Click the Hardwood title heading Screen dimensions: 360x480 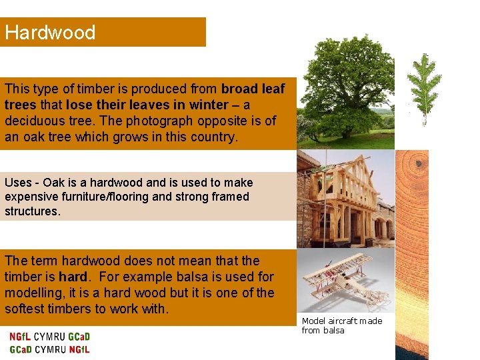click(x=50, y=33)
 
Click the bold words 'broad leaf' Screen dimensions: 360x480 click(x=253, y=89)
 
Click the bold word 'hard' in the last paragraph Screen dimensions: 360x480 click(x=72, y=277)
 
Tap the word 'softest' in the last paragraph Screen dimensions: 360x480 click(x=27, y=309)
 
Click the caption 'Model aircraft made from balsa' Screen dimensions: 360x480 click(x=341, y=325)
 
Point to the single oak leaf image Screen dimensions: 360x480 click(x=424, y=89)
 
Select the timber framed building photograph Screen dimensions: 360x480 click(x=345, y=199)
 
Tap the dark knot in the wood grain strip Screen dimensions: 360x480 click(x=420, y=163)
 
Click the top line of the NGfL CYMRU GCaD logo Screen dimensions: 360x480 click(x=49, y=337)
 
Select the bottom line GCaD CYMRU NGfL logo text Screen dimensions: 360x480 click(x=49, y=349)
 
